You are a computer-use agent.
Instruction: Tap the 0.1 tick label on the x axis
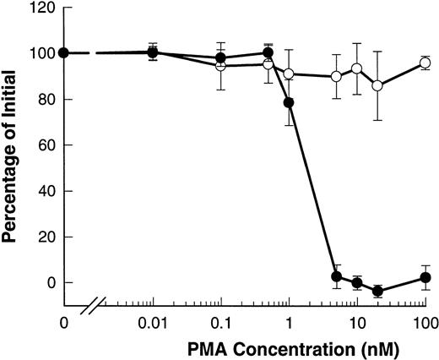pyautogui.click(x=220, y=323)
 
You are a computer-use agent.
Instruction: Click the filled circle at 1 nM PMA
pyautogui.click(x=290, y=103)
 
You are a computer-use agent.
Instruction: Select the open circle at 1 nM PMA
pyautogui.click(x=290, y=74)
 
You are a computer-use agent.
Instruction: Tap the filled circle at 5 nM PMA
pyautogui.click(x=337, y=276)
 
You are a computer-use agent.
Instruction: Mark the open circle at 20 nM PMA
pyautogui.click(x=377, y=85)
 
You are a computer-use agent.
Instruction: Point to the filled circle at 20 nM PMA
pyautogui.click(x=377, y=291)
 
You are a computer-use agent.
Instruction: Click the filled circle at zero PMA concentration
pyautogui.click(x=63, y=53)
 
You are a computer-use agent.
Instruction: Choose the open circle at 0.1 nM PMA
pyautogui.click(x=221, y=65)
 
